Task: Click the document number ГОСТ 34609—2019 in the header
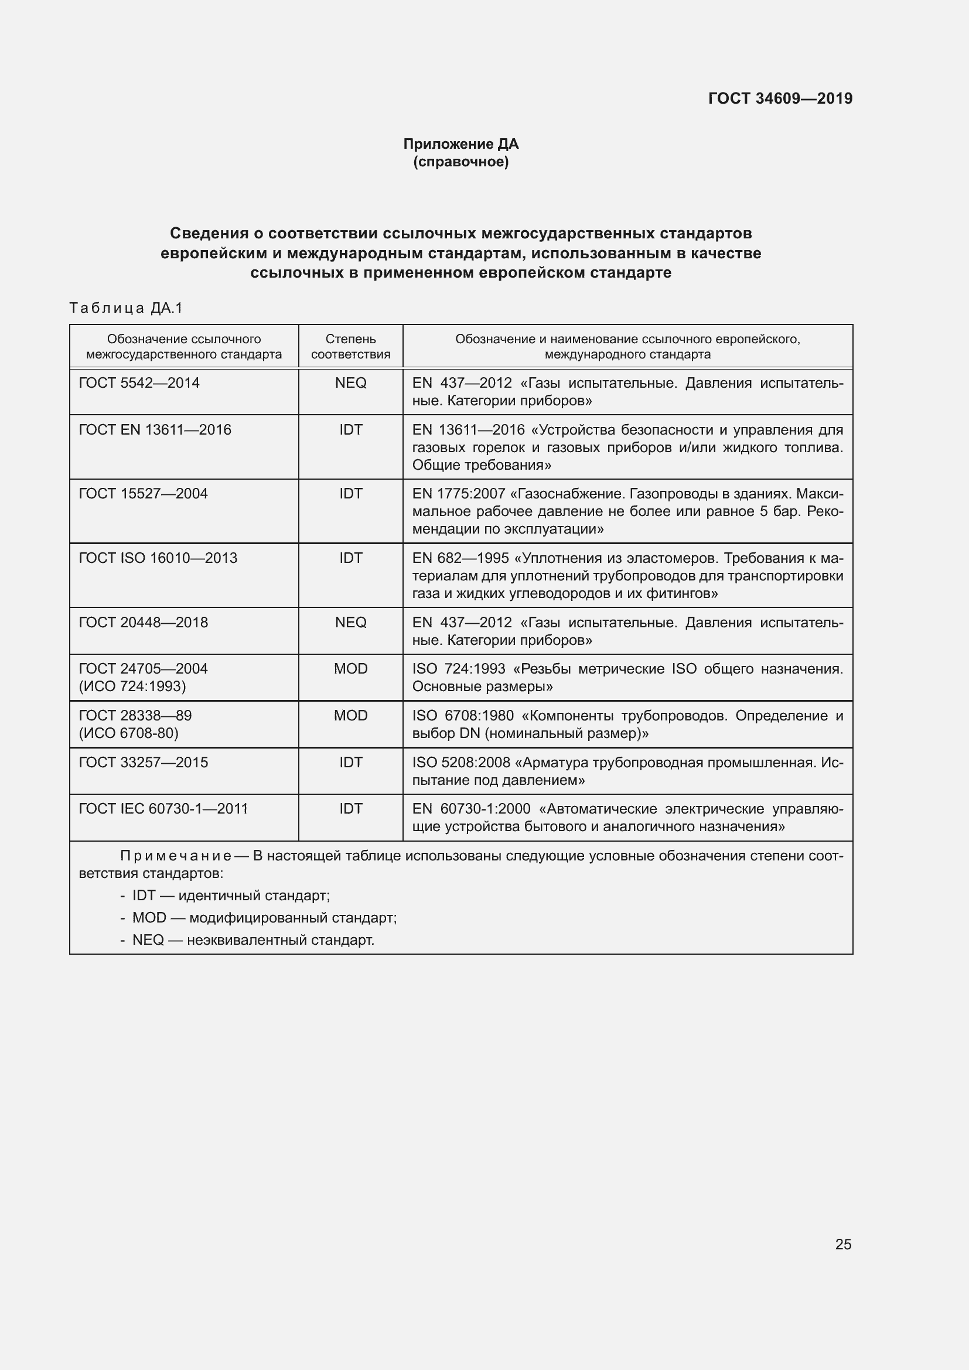click(780, 98)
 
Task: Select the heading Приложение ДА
click(460, 144)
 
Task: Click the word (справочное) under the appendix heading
click(460, 162)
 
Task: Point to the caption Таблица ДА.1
click(126, 308)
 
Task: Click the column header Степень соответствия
click(350, 347)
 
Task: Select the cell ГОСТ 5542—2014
click(139, 383)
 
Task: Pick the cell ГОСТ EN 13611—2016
click(155, 429)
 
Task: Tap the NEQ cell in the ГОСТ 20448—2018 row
click(350, 623)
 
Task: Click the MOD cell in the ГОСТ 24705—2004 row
click(350, 668)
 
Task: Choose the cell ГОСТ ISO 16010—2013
click(158, 558)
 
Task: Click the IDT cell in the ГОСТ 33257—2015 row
click(350, 762)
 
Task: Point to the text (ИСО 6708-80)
click(128, 733)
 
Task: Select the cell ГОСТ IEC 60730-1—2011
click(163, 808)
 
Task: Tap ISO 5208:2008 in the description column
click(460, 762)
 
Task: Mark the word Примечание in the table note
click(175, 856)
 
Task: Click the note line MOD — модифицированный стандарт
click(264, 917)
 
